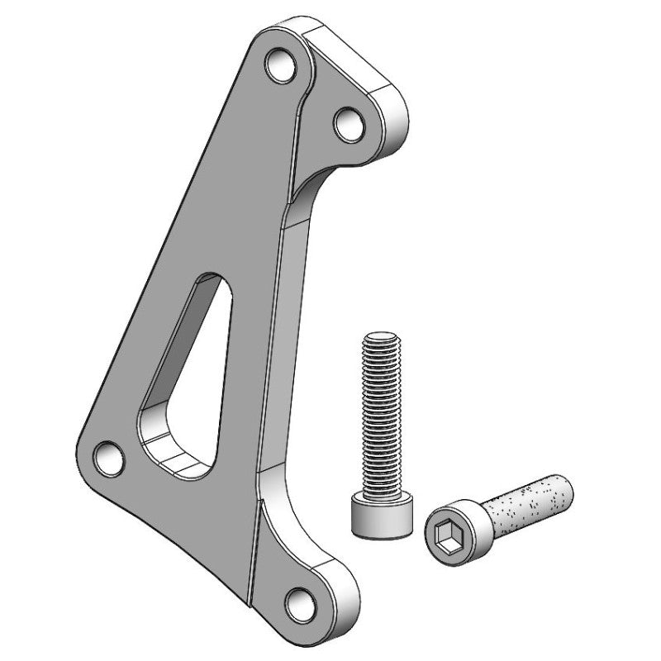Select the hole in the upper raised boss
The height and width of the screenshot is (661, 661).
349,122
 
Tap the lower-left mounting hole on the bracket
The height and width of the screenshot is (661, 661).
107,455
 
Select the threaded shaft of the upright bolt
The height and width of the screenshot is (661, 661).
380,413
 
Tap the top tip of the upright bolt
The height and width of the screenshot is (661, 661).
382,334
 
